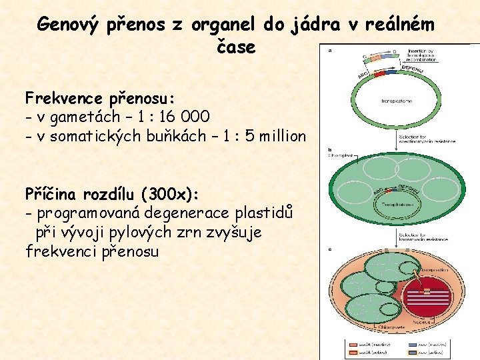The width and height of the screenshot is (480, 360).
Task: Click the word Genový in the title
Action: pos(67,25)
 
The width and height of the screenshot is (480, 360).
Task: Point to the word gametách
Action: pos(93,117)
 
